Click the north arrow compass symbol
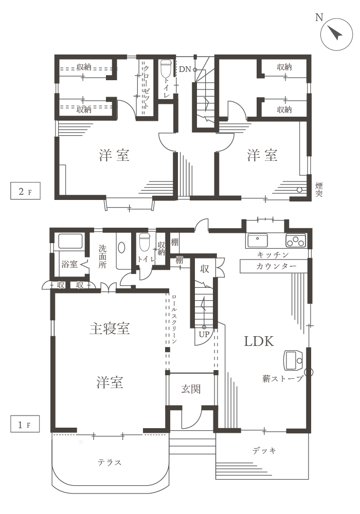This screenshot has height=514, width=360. [x=336, y=34]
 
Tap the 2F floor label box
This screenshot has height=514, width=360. [x=25, y=191]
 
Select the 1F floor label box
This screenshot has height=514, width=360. [x=25, y=424]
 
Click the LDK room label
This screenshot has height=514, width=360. [x=259, y=341]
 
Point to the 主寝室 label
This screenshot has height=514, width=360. [x=110, y=328]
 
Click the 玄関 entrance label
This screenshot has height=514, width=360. [x=191, y=389]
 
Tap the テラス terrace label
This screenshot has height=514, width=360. [x=110, y=463]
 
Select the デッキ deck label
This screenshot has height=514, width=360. [x=264, y=451]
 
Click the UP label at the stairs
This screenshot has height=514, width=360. [x=204, y=335]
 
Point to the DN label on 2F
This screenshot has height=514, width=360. [x=185, y=69]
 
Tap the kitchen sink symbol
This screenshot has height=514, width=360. [x=257, y=241]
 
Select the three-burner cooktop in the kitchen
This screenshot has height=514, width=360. [x=296, y=241]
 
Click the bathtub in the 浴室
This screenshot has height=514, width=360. [x=70, y=241]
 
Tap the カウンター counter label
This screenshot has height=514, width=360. [x=276, y=266]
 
